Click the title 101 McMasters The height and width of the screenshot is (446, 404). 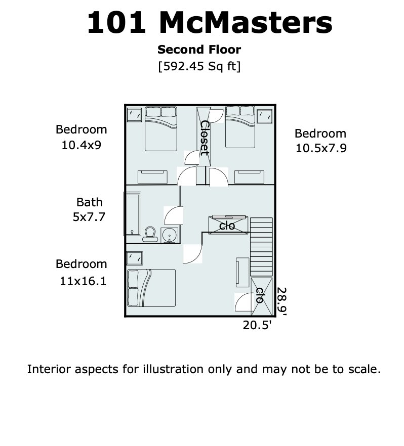(x=210, y=23)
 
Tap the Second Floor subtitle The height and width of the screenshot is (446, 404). (x=199, y=50)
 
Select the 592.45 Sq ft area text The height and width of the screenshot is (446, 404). (x=199, y=66)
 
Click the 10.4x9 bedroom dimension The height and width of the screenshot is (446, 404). (x=82, y=145)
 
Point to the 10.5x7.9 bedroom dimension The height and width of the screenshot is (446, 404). (x=321, y=148)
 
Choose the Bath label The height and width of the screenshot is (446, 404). (x=90, y=202)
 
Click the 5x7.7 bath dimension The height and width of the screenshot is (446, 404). (x=89, y=217)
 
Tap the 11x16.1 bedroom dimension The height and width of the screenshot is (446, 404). (x=83, y=281)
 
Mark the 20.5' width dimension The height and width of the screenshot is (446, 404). (x=257, y=325)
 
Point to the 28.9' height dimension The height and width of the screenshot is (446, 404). (x=282, y=301)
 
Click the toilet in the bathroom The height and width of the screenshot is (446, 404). (x=150, y=235)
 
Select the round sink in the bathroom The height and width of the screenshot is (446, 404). (x=170, y=235)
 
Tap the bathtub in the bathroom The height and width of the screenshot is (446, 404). (x=132, y=214)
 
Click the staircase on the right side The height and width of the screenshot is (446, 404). (x=261, y=247)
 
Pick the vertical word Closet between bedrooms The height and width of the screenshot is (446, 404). (x=205, y=138)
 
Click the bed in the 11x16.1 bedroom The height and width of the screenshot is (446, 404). (x=151, y=288)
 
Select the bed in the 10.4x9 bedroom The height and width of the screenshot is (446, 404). (x=161, y=128)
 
